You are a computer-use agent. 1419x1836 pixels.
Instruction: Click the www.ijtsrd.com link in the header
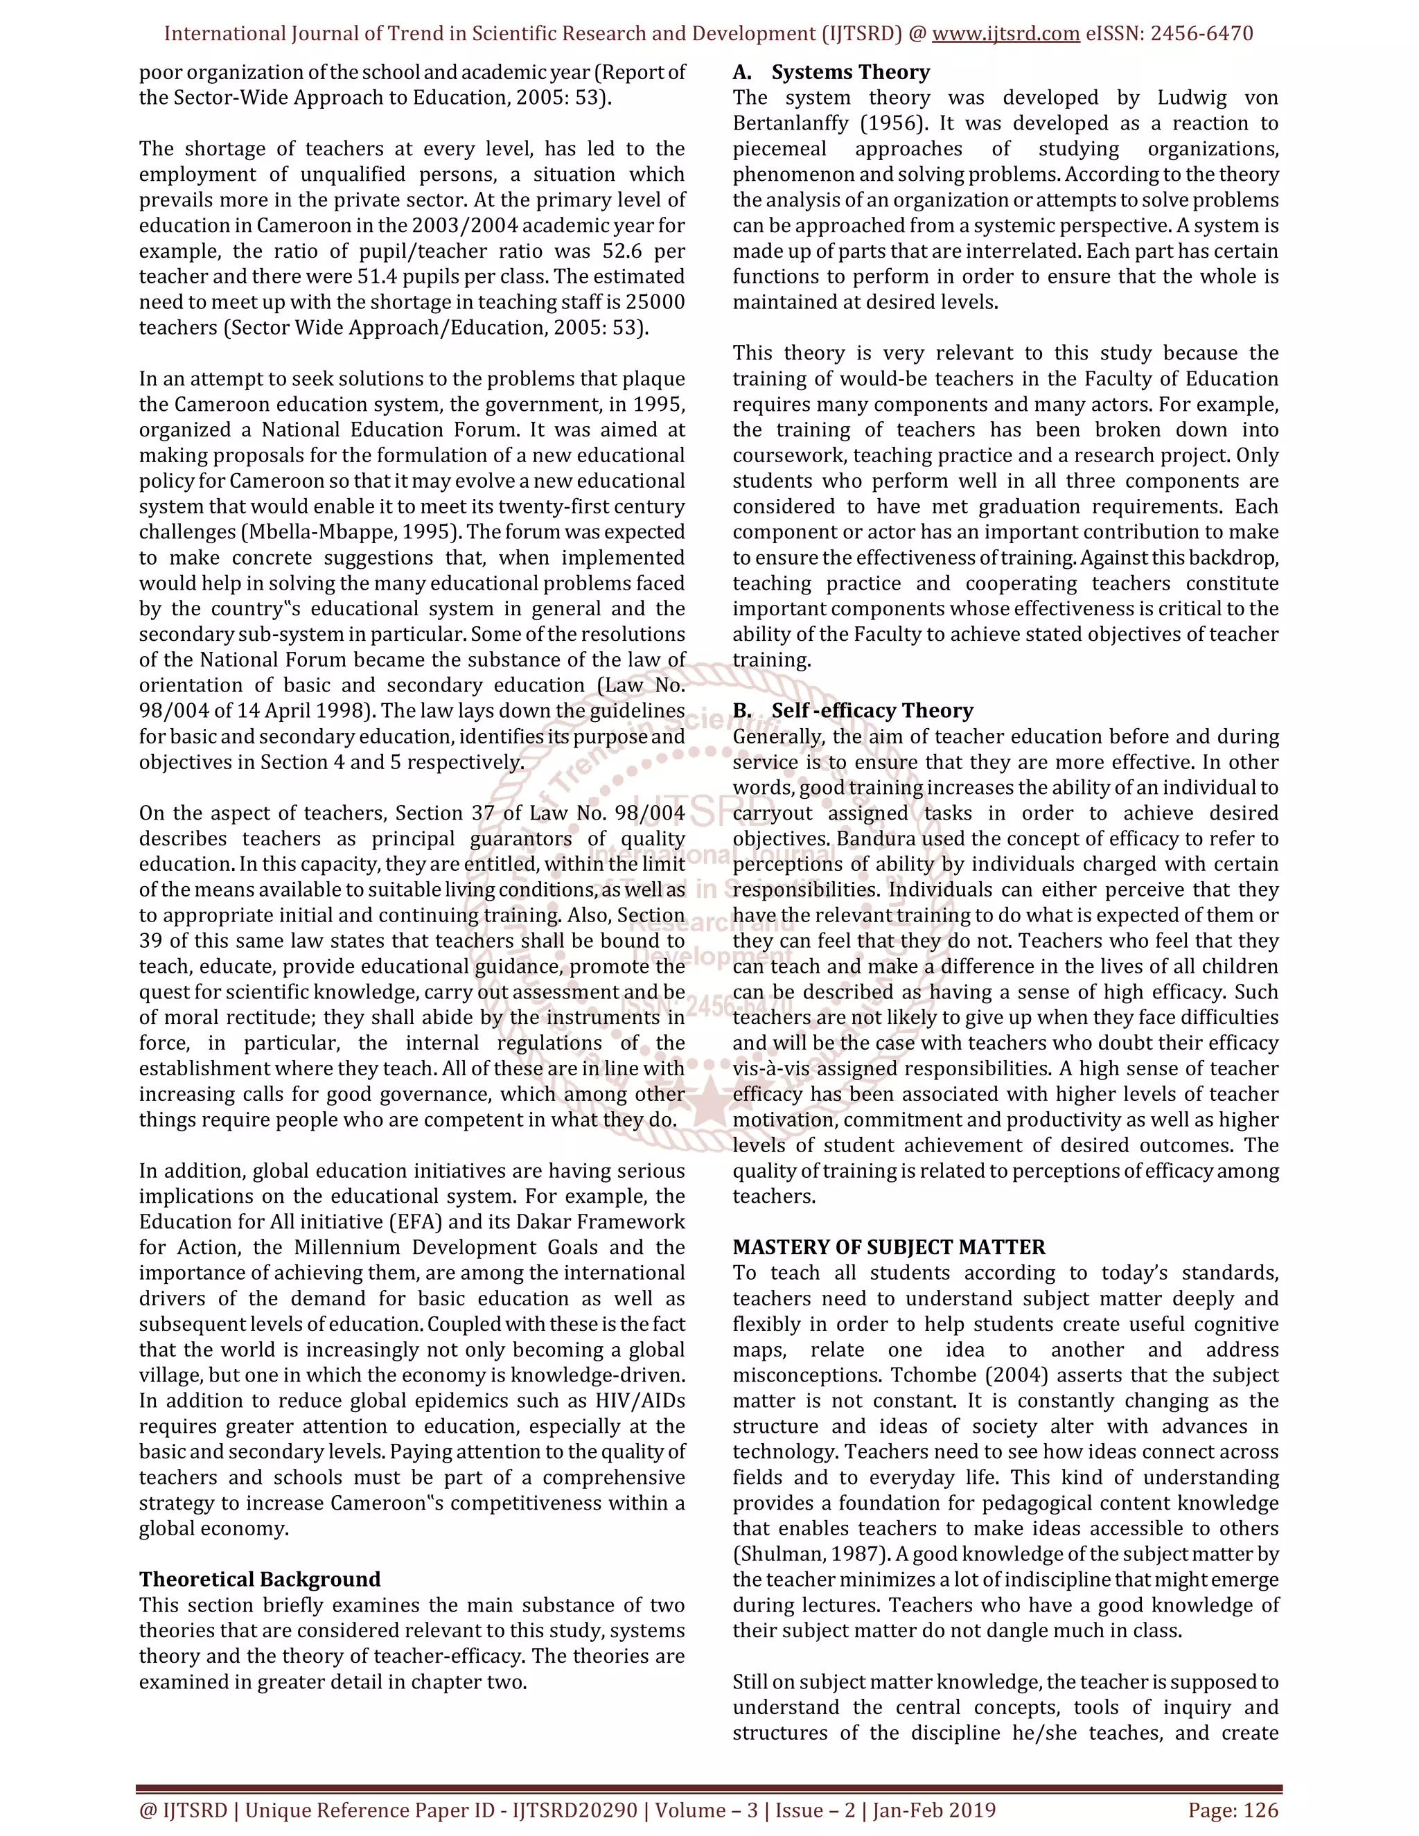pyautogui.click(x=1005, y=34)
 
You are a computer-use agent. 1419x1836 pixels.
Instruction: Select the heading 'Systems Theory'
pyautogui.click(x=850, y=72)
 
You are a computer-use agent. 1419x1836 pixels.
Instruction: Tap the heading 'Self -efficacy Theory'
pyautogui.click(x=872, y=710)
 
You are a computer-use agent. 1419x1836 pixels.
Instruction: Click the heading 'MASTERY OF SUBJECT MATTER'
pyautogui.click(x=888, y=1246)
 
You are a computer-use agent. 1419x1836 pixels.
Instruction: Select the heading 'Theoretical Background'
pyautogui.click(x=260, y=1579)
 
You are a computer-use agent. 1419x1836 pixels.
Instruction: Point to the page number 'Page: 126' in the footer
pyautogui.click(x=1233, y=1810)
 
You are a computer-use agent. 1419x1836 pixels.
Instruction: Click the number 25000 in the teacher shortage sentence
pyautogui.click(x=655, y=303)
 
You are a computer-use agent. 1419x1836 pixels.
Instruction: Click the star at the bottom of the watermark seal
pyautogui.click(x=710, y=1096)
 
